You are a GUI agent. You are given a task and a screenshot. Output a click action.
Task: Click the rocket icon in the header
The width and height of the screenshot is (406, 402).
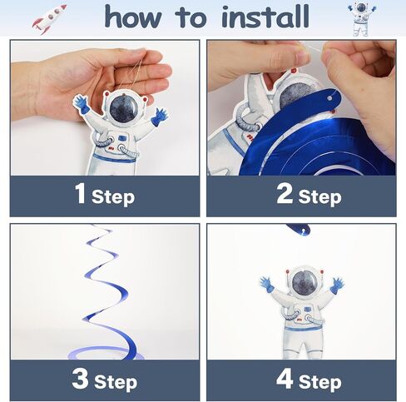click(x=50, y=19)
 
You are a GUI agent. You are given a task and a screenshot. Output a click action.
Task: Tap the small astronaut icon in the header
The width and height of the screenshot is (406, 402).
click(x=362, y=19)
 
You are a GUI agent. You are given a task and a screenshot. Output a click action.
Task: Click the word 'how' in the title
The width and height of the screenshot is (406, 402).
click(x=133, y=17)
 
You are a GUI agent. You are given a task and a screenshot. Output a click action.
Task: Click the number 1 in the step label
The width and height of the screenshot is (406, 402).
click(x=80, y=194)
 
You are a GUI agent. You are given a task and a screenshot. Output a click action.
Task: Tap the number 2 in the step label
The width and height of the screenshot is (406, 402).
click(x=285, y=194)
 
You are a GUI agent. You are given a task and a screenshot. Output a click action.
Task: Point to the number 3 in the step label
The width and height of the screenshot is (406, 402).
click(x=80, y=379)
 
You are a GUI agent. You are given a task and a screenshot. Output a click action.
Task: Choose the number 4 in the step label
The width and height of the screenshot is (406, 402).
click(x=285, y=379)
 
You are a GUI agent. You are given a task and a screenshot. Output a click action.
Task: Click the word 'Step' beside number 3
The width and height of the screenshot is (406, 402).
click(x=116, y=382)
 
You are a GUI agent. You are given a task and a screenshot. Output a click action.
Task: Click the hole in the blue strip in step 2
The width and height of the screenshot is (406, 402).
click(x=329, y=98)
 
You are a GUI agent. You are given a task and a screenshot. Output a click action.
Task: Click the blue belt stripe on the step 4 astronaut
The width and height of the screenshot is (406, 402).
click(x=304, y=329)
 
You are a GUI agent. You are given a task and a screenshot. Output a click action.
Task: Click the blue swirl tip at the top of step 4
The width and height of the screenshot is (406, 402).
click(x=298, y=229)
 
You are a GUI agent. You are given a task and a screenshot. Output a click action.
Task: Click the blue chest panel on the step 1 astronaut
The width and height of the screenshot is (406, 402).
click(x=122, y=138)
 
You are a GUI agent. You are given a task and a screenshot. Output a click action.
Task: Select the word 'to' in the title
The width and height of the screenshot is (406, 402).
click(x=191, y=17)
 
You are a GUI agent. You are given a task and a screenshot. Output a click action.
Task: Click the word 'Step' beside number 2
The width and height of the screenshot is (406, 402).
click(x=319, y=197)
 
